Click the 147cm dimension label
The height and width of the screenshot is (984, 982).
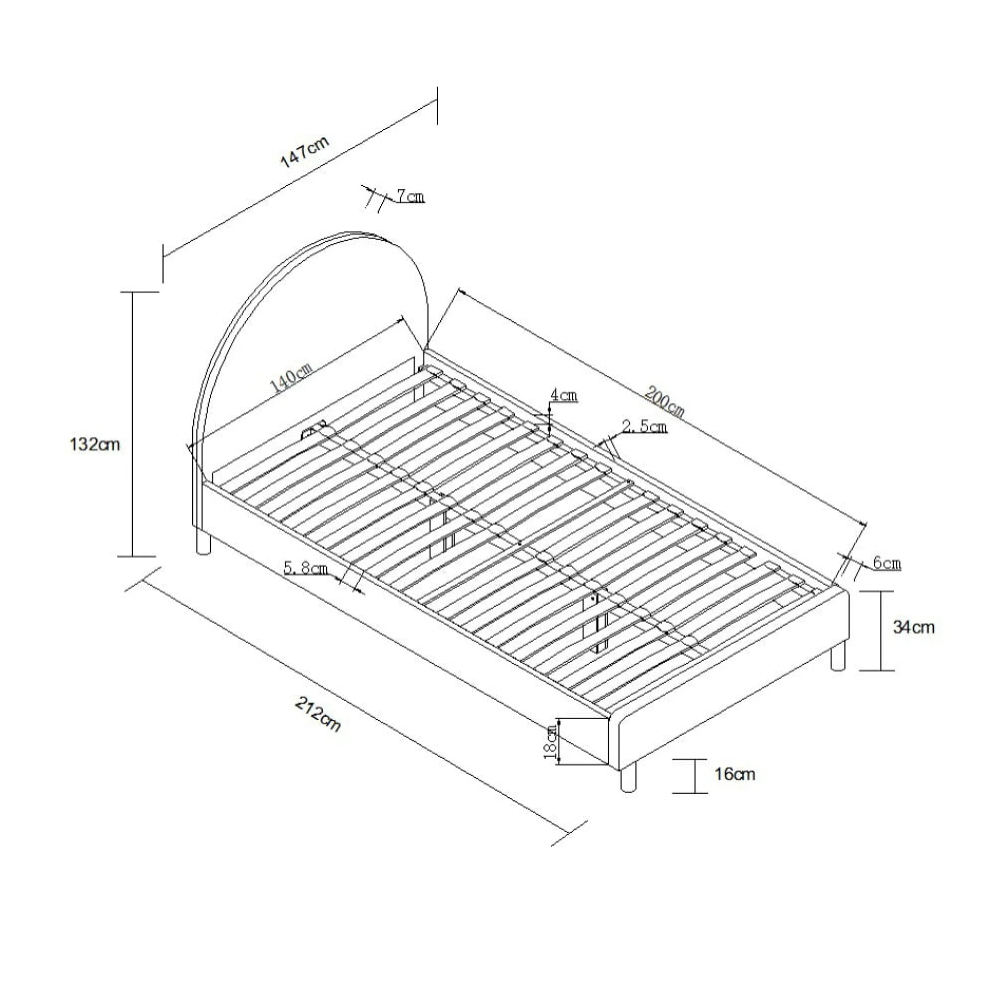click(305, 152)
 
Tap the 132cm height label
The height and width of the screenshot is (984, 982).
click(95, 445)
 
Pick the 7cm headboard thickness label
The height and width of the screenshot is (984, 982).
click(410, 196)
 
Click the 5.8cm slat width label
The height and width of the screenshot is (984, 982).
click(306, 568)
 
